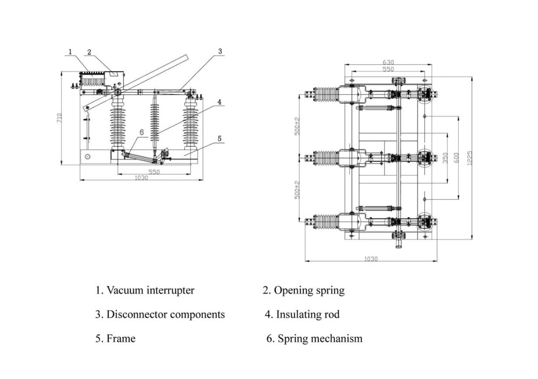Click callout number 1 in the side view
tap(70, 52)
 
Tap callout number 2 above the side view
tap(89, 52)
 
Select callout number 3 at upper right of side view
tap(220, 51)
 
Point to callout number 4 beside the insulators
tap(219, 102)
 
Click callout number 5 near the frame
tap(219, 139)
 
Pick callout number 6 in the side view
tap(142, 132)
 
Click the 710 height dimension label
tap(59, 118)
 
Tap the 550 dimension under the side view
tap(154, 172)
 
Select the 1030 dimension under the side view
tap(141, 178)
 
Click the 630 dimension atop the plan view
tap(388, 62)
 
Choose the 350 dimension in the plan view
tap(445, 158)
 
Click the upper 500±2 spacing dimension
tap(297, 126)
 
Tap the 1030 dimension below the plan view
tap(371, 259)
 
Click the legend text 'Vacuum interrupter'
tap(150, 291)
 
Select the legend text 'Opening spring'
tap(309, 291)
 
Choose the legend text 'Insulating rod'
tap(307, 315)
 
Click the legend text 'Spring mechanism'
tap(320, 339)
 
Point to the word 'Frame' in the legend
tap(121, 339)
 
